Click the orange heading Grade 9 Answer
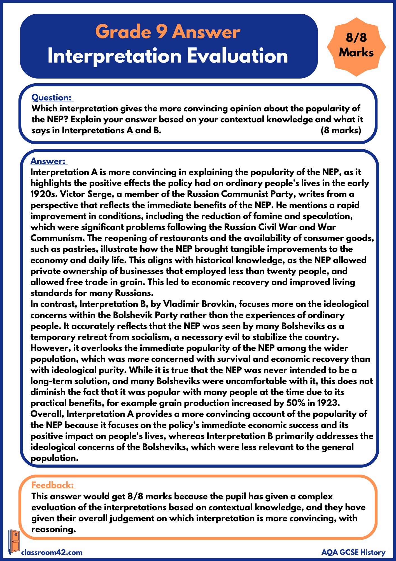coord(167,32)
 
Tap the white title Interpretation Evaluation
coord(167,56)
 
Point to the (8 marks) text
coord(341,130)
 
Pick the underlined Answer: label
coord(48,161)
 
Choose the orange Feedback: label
coord(53,485)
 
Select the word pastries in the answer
coord(80,249)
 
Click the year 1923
coord(328,403)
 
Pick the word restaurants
coord(183,238)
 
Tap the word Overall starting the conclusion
coord(47,414)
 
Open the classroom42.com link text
coord(52,552)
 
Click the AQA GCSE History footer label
coord(353,552)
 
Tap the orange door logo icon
coord(13,541)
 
